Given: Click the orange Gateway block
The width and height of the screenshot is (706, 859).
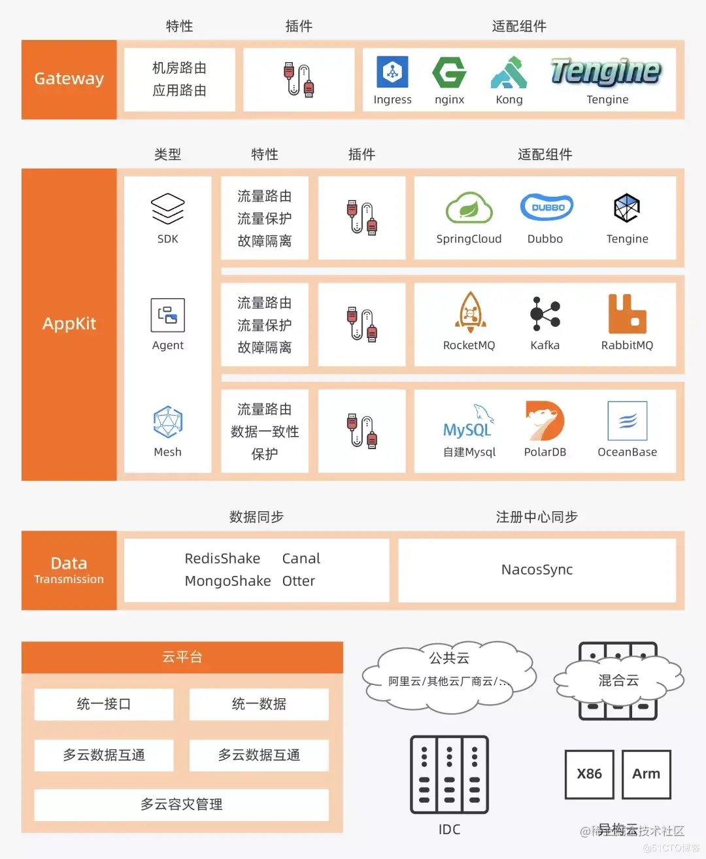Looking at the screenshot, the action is point(69,79).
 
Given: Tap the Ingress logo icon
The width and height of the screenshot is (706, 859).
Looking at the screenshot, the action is point(392,72).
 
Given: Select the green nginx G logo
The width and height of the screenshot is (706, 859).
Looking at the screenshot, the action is point(449,72).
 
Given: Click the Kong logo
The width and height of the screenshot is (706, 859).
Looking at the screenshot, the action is point(509,73).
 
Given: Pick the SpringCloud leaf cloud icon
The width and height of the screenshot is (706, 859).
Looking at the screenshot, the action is point(469,209).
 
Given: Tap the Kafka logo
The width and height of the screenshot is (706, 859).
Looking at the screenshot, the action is point(545,314).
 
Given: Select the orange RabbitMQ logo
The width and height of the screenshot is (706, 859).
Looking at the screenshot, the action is point(627,314).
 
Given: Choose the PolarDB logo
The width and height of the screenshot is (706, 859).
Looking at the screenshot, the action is point(545,421).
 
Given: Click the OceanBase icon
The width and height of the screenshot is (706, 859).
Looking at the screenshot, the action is point(627,421).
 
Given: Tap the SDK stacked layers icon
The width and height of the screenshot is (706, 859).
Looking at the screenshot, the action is point(168,209).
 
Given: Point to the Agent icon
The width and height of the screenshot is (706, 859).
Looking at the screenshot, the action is point(168,315).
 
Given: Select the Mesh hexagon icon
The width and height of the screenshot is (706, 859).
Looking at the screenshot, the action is point(168,422).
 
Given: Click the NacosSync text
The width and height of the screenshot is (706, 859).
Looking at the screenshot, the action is point(537,569).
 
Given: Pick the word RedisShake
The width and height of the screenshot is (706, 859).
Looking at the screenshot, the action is point(222,558).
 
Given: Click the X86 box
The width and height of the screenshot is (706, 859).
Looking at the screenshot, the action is point(589,774).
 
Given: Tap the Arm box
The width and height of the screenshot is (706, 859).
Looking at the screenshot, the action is point(646,774).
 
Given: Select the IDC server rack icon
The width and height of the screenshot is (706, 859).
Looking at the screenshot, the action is point(449,775).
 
